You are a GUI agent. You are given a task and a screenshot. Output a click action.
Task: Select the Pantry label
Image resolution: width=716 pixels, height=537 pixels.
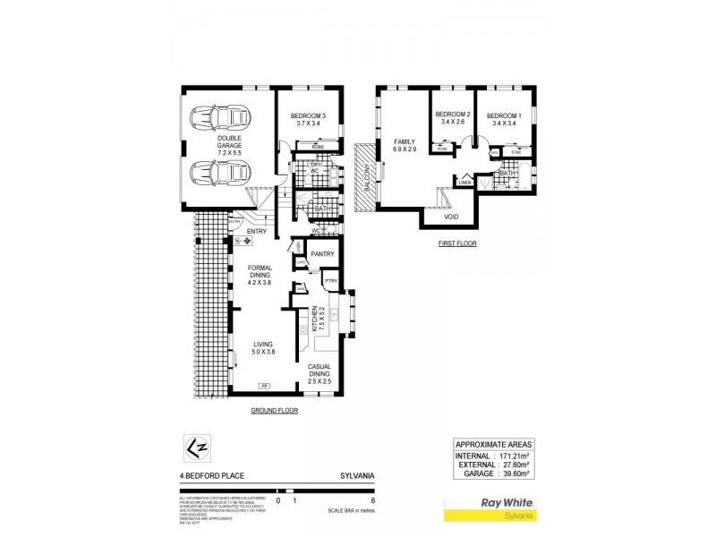(322, 254)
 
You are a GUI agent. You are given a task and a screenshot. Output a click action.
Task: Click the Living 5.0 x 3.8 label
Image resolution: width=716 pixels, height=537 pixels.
(262, 349)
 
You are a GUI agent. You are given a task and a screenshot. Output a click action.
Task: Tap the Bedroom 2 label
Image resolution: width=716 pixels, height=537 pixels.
(453, 118)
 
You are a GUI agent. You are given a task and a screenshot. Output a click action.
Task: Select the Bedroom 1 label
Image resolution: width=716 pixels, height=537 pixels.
(505, 120)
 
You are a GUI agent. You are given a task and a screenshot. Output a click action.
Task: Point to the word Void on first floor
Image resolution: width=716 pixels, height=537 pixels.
(453, 216)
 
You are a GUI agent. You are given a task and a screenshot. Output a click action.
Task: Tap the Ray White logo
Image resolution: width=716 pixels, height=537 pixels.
(507, 507)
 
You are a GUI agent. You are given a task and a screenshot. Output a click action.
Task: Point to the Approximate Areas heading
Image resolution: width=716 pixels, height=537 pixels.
(495, 444)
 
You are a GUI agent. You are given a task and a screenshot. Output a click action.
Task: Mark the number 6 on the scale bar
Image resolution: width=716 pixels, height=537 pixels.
(360, 501)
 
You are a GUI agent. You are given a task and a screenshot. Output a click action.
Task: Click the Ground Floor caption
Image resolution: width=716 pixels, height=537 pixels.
(274, 410)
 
